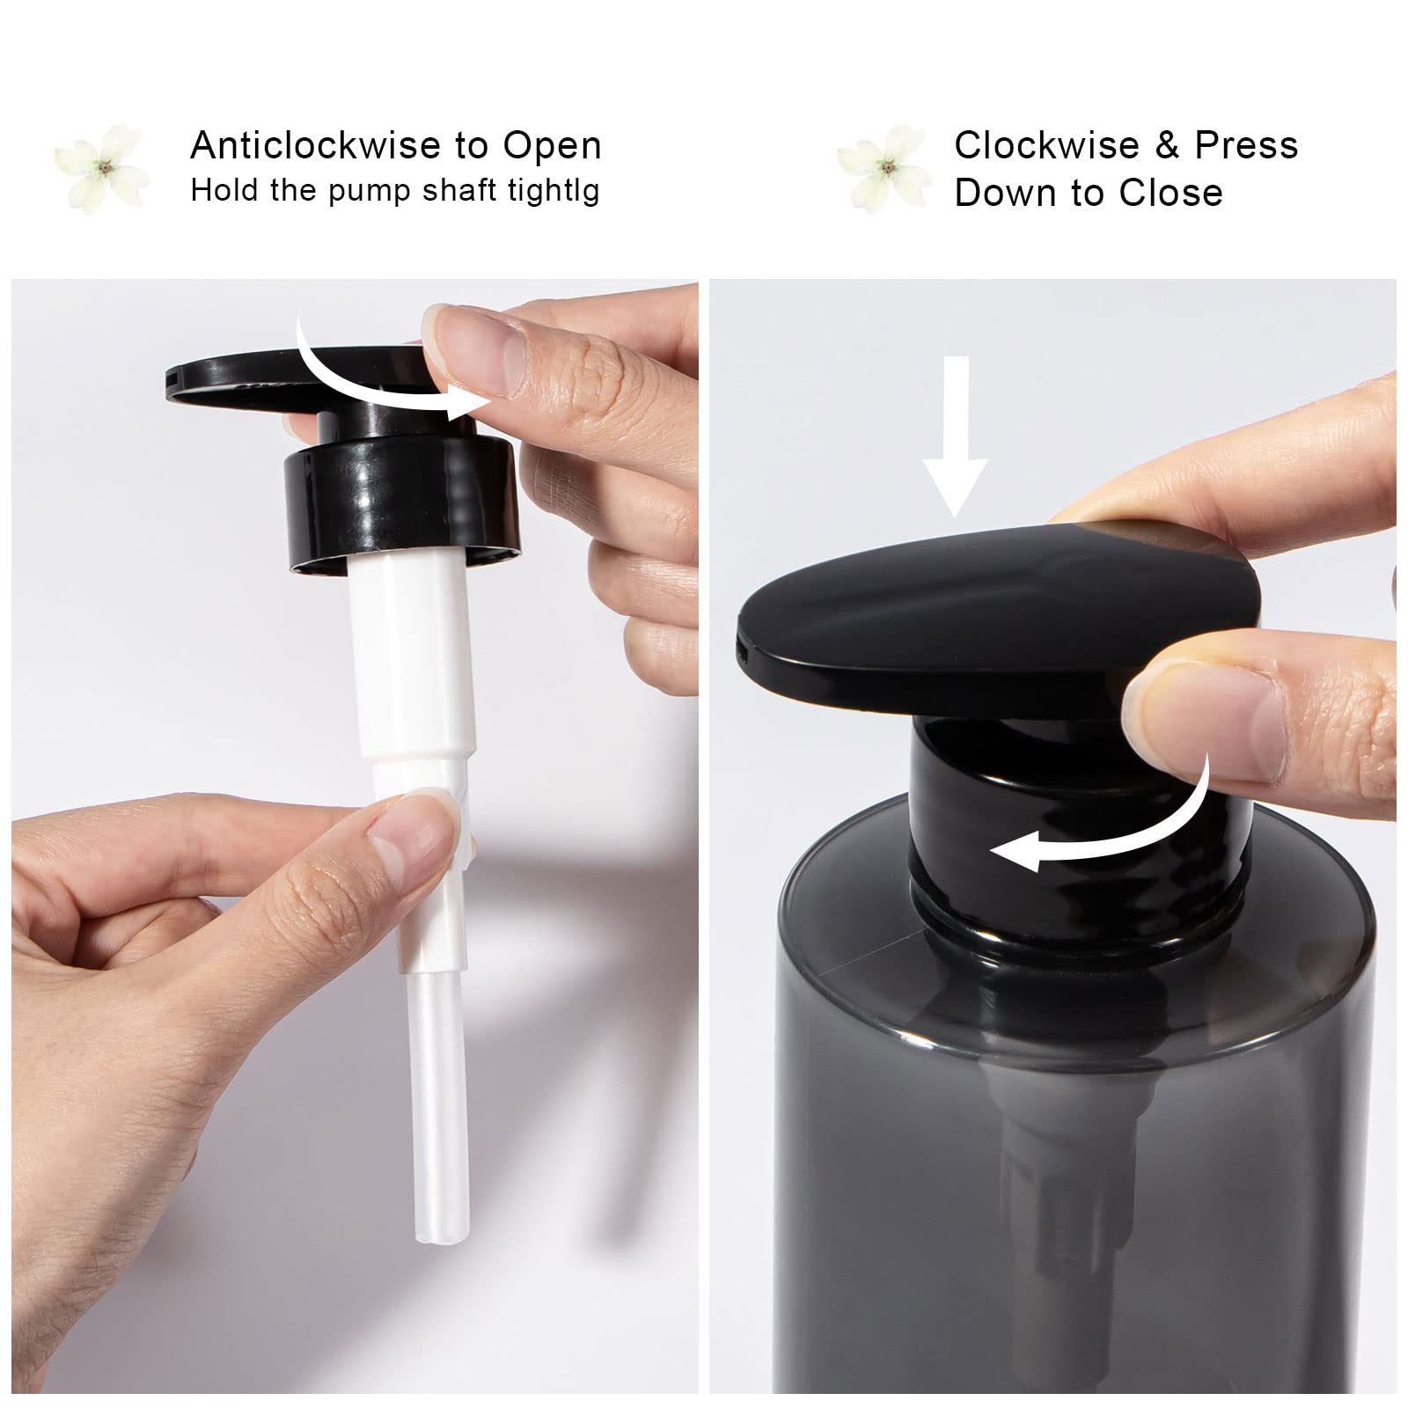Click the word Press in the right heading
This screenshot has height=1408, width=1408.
1246,145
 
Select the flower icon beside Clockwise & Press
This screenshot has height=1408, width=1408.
883,168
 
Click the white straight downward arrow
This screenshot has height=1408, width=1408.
957,436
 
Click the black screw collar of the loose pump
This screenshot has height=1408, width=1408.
403,500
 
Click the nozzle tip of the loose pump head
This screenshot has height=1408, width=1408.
170,378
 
